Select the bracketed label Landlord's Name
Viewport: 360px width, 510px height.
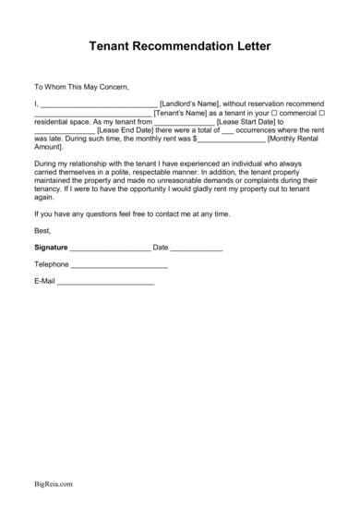point(191,103)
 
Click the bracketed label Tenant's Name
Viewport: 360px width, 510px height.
point(185,113)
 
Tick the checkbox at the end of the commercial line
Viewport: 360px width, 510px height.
point(321,113)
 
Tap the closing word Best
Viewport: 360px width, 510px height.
point(41,230)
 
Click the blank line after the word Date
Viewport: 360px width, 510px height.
point(197,249)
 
